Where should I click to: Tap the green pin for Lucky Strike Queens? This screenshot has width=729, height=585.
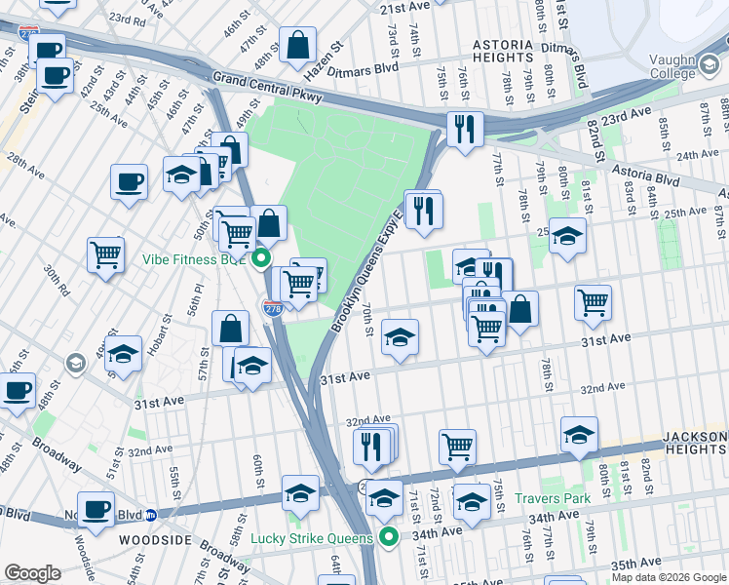[x=389, y=537]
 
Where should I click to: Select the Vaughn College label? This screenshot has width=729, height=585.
[x=687, y=66]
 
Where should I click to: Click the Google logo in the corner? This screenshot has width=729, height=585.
[x=32, y=572]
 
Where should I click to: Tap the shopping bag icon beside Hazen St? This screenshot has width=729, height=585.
[x=297, y=44]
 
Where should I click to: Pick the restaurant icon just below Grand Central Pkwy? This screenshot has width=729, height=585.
[x=465, y=129]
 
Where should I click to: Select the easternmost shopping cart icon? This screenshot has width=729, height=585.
[x=593, y=302]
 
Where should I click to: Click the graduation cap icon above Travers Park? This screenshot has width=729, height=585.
[x=579, y=434]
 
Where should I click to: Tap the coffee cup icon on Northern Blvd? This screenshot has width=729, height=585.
[x=96, y=508]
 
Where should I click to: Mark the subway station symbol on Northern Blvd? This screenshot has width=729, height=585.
[x=151, y=515]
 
